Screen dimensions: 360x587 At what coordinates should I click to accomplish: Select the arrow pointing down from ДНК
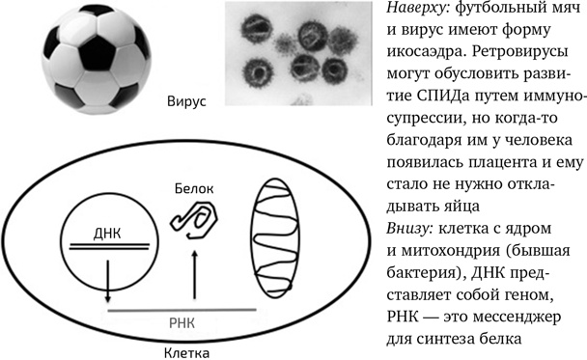tap(106, 281)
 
